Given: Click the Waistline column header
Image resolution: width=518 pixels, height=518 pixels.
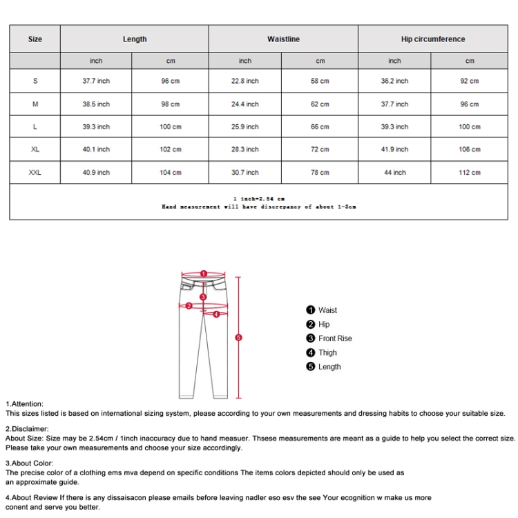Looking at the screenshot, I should [x=283, y=39].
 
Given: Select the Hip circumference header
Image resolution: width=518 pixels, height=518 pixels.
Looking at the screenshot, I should [x=432, y=39].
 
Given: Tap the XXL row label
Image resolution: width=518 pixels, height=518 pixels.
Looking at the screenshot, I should [x=35, y=173].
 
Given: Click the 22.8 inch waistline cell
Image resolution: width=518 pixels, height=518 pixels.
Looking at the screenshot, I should [x=245, y=81].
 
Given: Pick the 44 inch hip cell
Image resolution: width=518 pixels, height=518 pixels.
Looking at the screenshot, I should [x=394, y=173].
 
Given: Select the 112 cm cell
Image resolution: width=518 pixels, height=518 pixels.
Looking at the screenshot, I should [x=470, y=173].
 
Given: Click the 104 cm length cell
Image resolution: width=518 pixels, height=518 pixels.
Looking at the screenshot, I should [x=171, y=173].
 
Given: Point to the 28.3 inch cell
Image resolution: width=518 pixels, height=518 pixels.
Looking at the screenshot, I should [x=245, y=150].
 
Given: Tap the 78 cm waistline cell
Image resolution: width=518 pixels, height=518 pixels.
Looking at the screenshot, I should [x=320, y=173].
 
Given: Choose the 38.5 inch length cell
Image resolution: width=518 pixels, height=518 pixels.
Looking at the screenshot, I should [x=96, y=104].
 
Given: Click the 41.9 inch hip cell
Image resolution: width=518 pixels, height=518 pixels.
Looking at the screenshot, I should [x=394, y=150].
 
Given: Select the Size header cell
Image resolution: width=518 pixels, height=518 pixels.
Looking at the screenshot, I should [x=35, y=39].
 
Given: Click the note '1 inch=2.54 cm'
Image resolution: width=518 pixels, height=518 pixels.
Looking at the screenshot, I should [x=259, y=199].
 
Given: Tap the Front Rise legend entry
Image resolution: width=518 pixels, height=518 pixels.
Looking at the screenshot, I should [x=334, y=338].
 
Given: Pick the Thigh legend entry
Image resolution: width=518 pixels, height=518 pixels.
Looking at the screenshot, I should [x=327, y=353].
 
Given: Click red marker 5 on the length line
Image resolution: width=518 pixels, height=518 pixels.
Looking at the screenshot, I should [x=238, y=338].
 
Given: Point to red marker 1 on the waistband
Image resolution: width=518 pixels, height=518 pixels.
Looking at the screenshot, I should [x=203, y=274].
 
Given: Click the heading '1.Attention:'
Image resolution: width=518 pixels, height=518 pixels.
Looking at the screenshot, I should [x=25, y=404].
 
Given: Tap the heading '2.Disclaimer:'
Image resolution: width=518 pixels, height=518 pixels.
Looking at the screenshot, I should [x=28, y=429].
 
